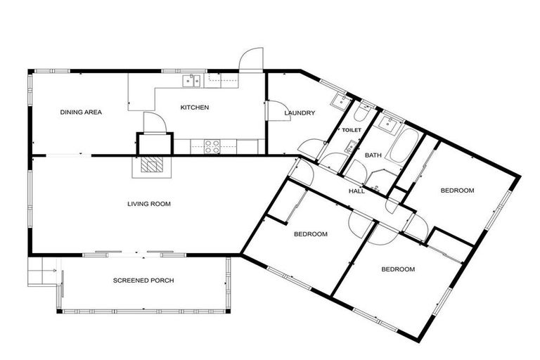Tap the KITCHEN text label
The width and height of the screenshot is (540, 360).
(195, 107)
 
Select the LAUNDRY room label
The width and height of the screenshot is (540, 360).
(300, 112)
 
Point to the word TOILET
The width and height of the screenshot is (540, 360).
(351, 130)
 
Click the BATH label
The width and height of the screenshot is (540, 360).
(373, 154)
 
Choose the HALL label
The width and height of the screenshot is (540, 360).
(357, 191)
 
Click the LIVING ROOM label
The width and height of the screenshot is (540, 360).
(149, 204)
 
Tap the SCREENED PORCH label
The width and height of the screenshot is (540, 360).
(143, 281)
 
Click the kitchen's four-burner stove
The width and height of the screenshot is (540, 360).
(212, 146)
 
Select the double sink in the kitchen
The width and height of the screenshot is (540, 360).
(191, 82)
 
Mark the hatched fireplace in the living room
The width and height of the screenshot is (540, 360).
(150, 165)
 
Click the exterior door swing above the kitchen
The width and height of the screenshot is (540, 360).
(251, 59)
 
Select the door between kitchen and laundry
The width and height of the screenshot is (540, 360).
(266, 110)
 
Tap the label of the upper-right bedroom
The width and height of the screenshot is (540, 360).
(457, 191)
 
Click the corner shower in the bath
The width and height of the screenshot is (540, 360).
(380, 179)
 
